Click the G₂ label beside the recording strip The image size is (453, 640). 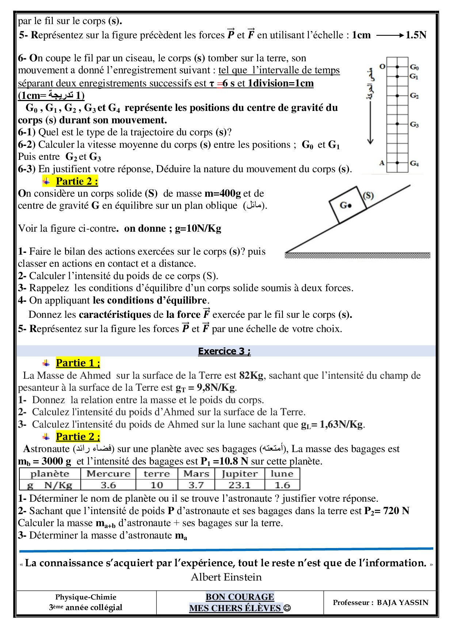[x=414, y=96]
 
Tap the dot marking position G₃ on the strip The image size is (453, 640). [x=397, y=124]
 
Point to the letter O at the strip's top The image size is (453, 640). [x=382, y=66]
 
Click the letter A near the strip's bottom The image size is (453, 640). [x=382, y=163]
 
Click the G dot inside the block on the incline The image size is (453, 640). [x=350, y=205]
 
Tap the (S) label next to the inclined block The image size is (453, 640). [x=368, y=195]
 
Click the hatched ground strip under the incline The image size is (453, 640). [x=357, y=255]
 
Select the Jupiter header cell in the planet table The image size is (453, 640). [x=239, y=474]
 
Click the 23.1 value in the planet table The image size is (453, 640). [x=239, y=485]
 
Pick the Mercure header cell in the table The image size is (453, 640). [x=108, y=474]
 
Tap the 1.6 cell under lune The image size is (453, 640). [x=282, y=485]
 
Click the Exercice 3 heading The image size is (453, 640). [x=224, y=351]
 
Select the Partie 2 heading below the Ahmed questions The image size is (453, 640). [x=77, y=436]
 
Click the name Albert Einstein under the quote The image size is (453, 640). [x=226, y=577]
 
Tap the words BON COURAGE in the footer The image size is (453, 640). [x=240, y=597]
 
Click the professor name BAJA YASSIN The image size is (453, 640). [x=402, y=602]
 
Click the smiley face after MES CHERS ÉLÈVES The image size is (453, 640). [x=287, y=608]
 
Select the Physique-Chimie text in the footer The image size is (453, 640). [x=85, y=597]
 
